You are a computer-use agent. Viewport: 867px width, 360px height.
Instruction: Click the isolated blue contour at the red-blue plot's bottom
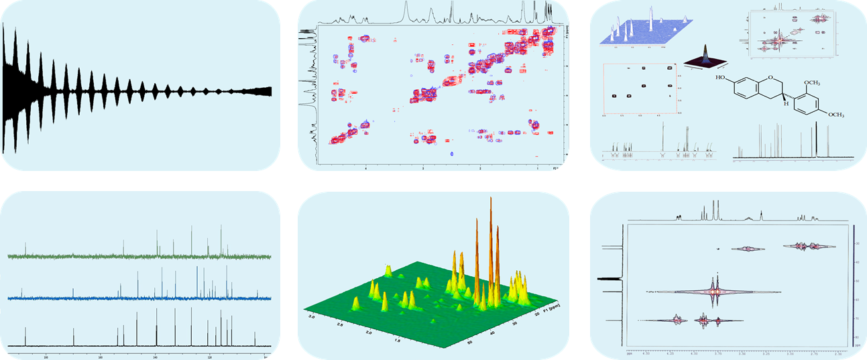pyautogui.click(x=453, y=154)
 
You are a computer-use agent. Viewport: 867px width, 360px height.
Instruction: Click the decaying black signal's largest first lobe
pyautogui.click(x=11, y=87)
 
